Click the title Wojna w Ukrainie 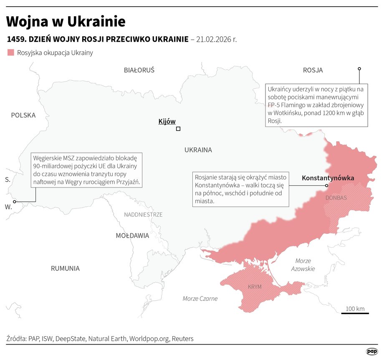pos(66,21)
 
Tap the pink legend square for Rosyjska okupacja pos(11,53)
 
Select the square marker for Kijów pos(178,129)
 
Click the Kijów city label pos(167,122)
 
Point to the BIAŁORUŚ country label pos(139,70)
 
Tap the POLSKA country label pos(23,115)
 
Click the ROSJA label pos(313,70)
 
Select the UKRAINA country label pos(198,150)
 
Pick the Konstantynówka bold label pos(328,178)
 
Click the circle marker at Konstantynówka pos(327,185)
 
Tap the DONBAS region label pos(336,198)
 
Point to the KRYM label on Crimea pos(255,287)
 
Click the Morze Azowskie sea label pos(303,265)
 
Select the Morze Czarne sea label pos(200,299)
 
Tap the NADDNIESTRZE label pos(143,215)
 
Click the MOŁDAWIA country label pos(132,236)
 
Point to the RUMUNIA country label pos(65,269)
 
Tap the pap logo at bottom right pos(372,352)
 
